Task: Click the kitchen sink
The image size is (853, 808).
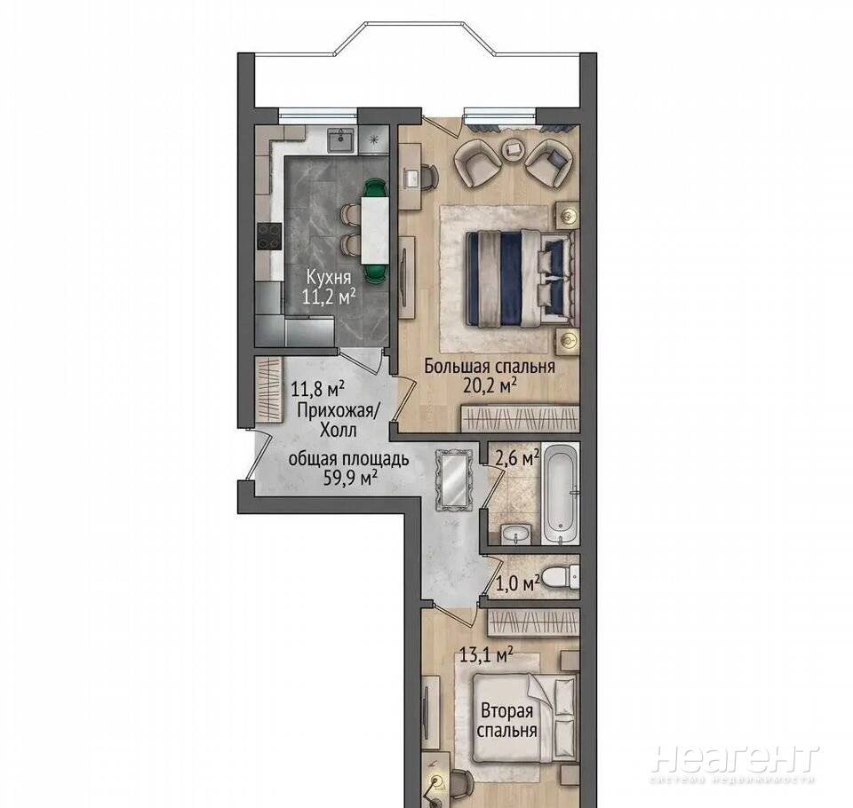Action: (x=340, y=141)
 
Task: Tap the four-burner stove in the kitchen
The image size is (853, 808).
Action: (x=269, y=237)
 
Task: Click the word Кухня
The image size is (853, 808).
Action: (x=328, y=277)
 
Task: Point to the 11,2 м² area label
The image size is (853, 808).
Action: (x=330, y=297)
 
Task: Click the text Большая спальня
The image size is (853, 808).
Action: (x=490, y=367)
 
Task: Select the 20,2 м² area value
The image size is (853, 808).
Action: (x=490, y=385)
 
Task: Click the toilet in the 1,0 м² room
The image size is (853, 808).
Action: (x=561, y=577)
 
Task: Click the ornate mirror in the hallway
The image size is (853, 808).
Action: (x=452, y=480)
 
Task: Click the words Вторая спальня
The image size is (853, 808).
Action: (x=507, y=720)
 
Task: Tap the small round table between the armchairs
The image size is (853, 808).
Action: (x=513, y=148)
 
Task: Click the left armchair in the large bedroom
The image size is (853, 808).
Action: (x=477, y=161)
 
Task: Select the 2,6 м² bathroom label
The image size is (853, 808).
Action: (x=517, y=458)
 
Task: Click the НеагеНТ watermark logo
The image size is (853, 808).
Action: (x=735, y=759)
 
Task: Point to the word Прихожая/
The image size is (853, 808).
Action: (x=337, y=411)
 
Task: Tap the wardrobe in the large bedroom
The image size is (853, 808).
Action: (x=520, y=419)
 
